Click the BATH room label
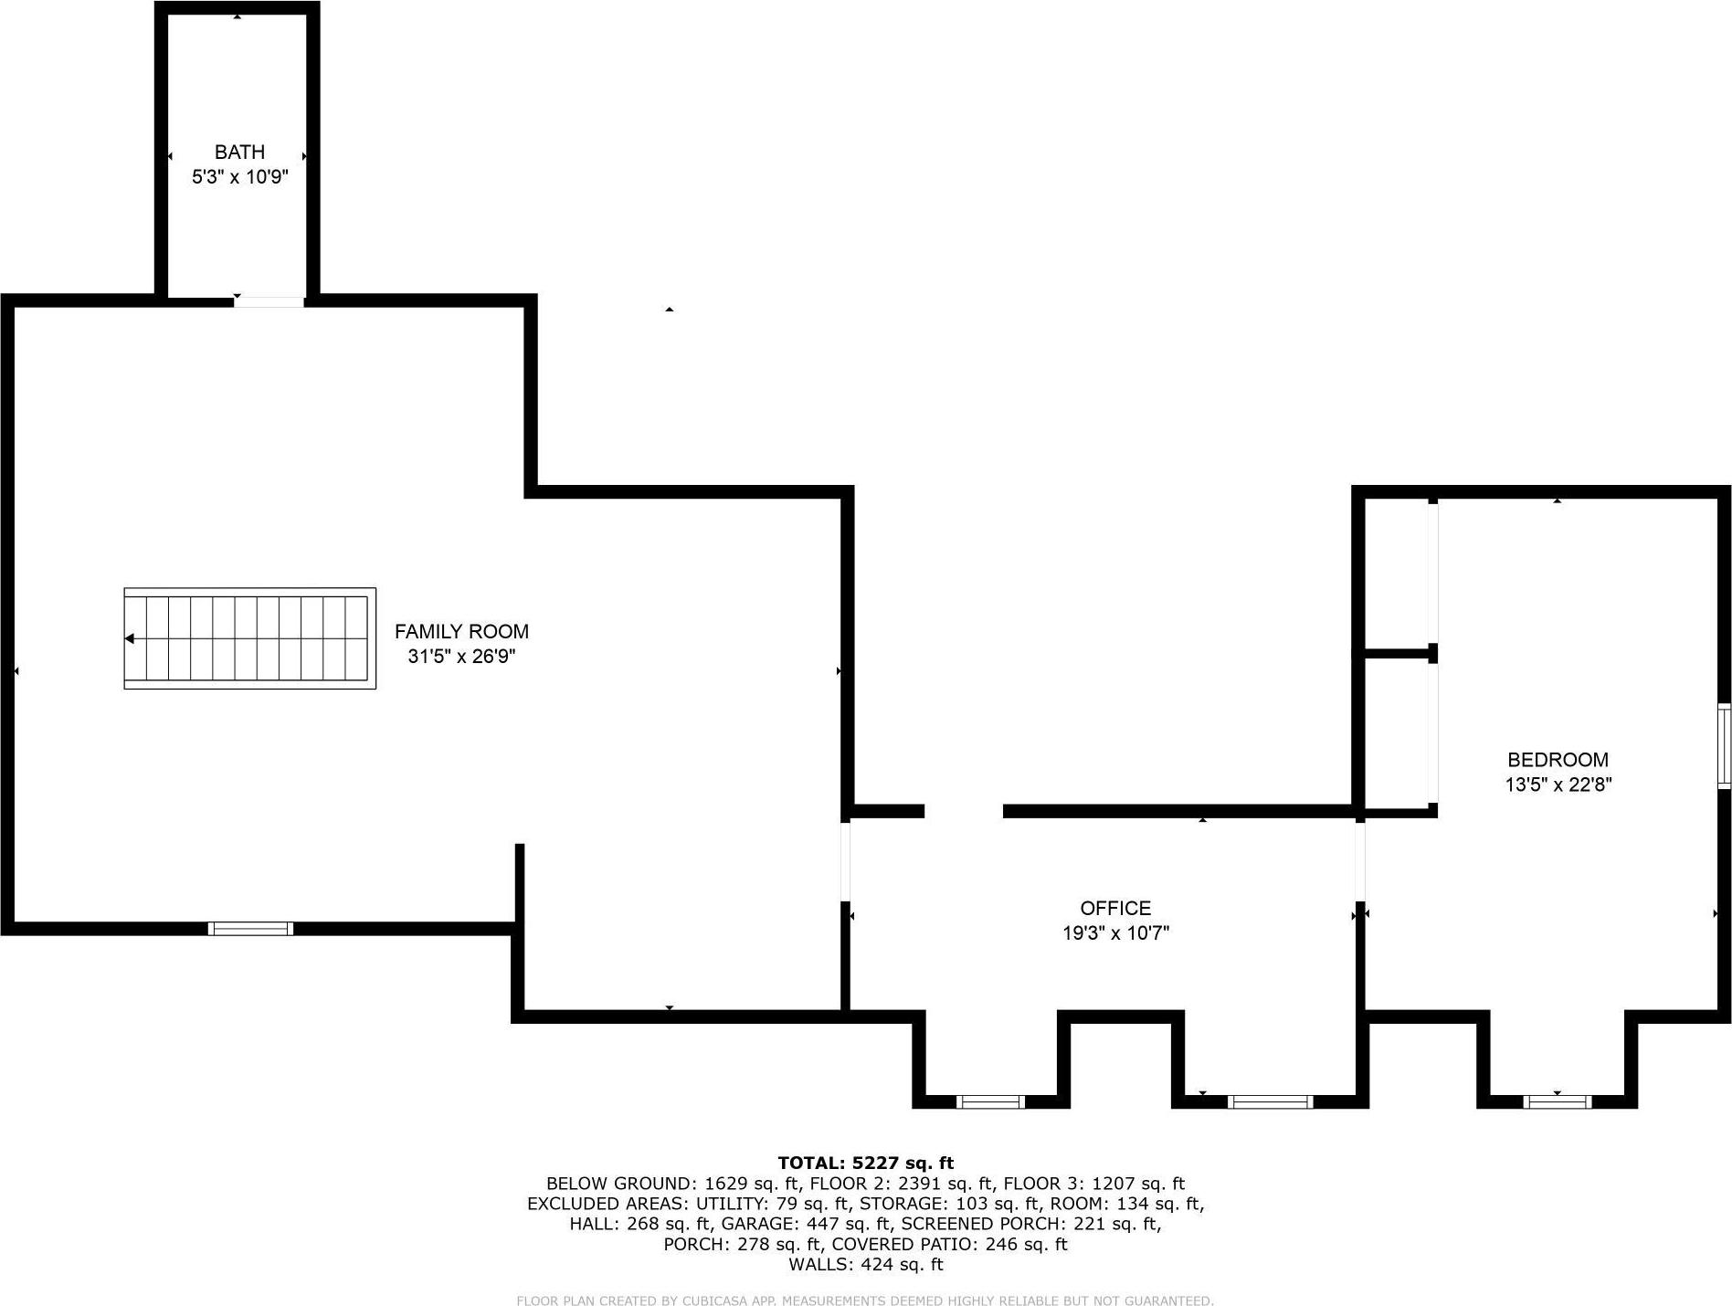[x=239, y=152]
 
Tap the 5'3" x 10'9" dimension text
[x=239, y=177]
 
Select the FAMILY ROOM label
[x=461, y=631]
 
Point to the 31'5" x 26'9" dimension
[x=461, y=657]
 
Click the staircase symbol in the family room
[x=249, y=638]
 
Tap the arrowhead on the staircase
[x=130, y=638]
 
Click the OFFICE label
[x=1115, y=908]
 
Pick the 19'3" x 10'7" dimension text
[x=1115, y=933]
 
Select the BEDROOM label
[x=1558, y=759]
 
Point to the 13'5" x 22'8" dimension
[x=1558, y=785]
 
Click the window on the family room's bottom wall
[x=250, y=929]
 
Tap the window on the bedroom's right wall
[x=1724, y=746]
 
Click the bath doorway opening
[x=269, y=300]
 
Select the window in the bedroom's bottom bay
[x=1557, y=1102]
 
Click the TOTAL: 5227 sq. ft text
[x=865, y=1163]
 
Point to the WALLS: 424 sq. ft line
[x=865, y=1265]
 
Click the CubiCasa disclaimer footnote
[x=865, y=1301]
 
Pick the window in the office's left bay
[x=990, y=1102]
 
